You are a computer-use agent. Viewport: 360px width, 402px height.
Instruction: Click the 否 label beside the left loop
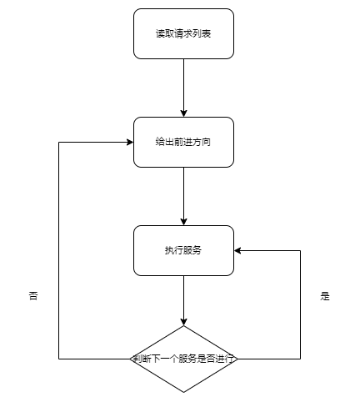(x=33, y=296)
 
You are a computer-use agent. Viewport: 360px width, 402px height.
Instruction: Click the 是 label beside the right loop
(x=325, y=296)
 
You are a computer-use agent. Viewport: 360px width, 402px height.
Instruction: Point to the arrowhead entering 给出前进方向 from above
(x=183, y=113)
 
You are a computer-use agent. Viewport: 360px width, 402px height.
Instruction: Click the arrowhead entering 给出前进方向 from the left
(x=130, y=142)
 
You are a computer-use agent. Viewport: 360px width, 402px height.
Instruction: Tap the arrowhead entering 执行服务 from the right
(x=237, y=250)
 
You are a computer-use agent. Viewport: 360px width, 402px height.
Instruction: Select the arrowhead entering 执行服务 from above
(x=183, y=222)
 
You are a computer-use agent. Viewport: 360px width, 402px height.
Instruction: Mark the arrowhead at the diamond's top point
(x=183, y=322)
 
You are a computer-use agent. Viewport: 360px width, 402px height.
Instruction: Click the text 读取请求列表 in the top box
(x=183, y=33)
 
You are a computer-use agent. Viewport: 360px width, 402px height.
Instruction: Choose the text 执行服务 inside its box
(x=183, y=250)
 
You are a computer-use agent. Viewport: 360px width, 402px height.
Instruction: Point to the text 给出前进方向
(x=183, y=142)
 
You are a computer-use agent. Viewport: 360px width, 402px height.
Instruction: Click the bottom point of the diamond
(x=183, y=392)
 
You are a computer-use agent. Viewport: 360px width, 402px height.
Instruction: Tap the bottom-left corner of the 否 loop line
(x=59, y=359)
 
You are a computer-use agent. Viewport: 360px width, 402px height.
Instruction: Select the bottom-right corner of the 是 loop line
(x=300, y=359)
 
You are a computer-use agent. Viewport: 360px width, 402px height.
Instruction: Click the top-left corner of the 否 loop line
(x=59, y=142)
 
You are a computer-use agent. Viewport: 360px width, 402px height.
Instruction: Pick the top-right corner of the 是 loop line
(x=300, y=250)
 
